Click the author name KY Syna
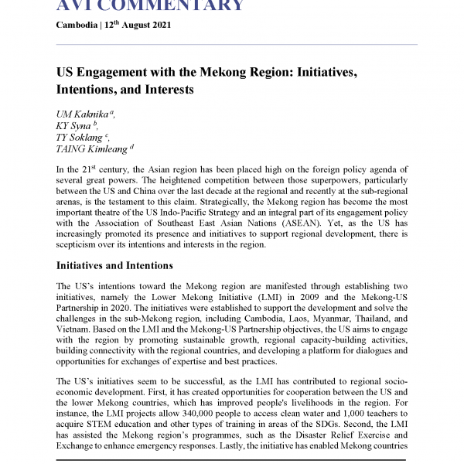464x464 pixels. pyautogui.click(x=72, y=125)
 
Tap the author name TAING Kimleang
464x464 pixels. pyautogui.click(x=92, y=148)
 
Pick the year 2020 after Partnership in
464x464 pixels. pyautogui.click(x=115, y=309)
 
